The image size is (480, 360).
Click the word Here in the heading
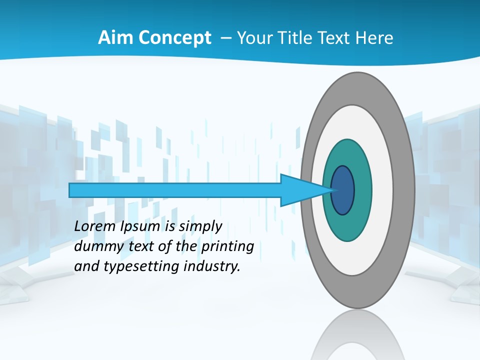click(x=374, y=38)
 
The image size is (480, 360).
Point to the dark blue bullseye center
click(x=342, y=190)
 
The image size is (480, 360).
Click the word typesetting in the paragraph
click(x=142, y=266)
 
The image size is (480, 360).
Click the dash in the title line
click(x=226, y=38)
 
